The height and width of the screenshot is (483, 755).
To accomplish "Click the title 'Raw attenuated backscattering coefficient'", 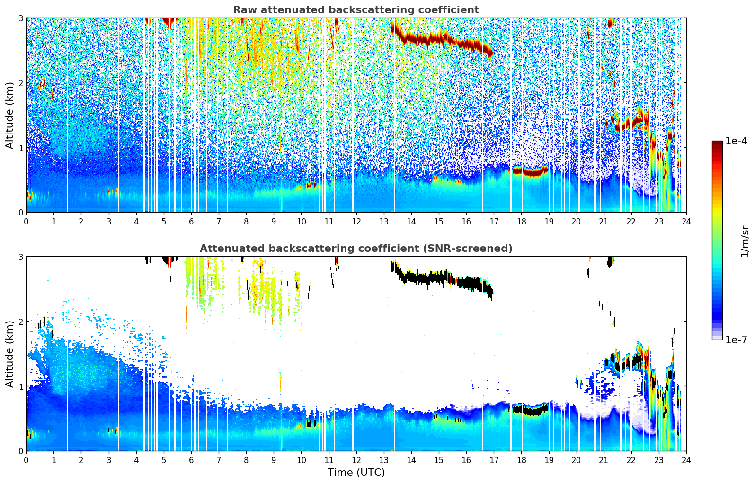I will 355,10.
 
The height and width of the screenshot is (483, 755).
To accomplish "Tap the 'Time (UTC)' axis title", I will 356,472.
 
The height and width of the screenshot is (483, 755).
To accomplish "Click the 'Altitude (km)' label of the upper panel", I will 9,115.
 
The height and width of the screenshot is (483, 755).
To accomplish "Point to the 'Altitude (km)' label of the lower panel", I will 9,354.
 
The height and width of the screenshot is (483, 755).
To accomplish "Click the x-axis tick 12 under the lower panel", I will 356,460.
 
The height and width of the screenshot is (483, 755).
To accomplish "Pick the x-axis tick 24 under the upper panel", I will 686,221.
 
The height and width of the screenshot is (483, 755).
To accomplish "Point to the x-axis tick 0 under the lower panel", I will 26,460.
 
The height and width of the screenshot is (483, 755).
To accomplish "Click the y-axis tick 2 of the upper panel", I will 20,83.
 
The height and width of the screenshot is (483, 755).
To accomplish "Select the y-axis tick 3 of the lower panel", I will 20,257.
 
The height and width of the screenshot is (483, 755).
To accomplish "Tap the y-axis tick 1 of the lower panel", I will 20,386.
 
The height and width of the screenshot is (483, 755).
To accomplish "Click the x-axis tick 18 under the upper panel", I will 521,221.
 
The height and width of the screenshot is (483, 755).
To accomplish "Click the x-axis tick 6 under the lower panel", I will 191,460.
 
